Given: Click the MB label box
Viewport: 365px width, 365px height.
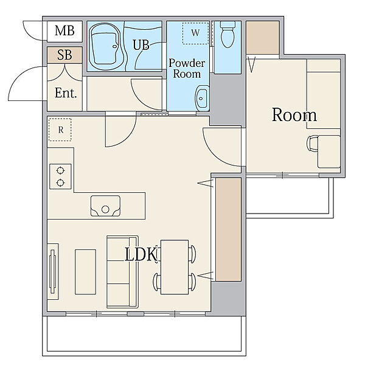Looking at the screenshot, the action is tap(64, 31).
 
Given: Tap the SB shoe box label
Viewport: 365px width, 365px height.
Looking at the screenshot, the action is tap(64, 55).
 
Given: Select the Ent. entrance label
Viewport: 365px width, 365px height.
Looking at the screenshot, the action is tap(66, 93).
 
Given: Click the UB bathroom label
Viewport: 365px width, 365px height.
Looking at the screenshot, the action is tap(141, 44).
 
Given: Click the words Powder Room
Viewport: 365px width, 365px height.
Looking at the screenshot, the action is tap(187, 69).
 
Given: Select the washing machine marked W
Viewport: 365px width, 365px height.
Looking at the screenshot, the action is tap(195, 33).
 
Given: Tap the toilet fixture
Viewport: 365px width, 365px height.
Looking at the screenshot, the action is tap(228, 34).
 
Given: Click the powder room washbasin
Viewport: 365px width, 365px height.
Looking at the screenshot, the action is tap(202, 98).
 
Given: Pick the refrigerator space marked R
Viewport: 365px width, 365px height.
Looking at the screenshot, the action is tap(60, 130).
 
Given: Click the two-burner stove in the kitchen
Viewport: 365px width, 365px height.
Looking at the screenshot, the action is tap(60, 176).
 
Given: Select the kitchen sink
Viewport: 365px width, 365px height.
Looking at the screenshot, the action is tap(105, 206).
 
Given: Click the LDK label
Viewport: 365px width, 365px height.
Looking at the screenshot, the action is tap(141, 254).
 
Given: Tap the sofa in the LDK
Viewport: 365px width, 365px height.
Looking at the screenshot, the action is tap(122, 272).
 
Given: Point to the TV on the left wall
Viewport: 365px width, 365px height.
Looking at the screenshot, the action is tap(53, 271).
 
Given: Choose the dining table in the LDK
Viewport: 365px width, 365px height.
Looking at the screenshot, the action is tap(175, 267).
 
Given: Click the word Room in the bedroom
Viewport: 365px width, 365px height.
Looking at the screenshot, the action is tap(294, 115).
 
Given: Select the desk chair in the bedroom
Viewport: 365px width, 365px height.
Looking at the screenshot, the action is tap(313, 144).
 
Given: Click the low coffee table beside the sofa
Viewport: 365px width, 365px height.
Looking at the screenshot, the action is tap(85, 272).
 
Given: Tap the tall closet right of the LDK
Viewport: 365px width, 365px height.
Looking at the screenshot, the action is tap(228, 229).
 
